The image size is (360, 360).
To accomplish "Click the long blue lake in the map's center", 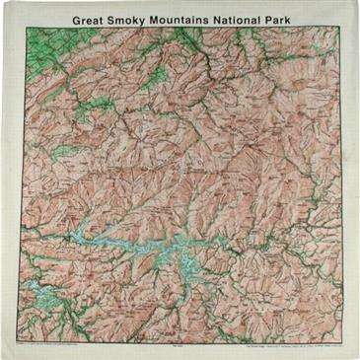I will pyautogui.click(x=128, y=241).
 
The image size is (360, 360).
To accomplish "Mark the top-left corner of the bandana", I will pyautogui.click(x=3, y=3).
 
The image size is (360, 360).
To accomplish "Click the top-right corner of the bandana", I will pyautogui.click(x=356, y=3).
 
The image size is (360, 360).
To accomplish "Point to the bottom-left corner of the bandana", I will pyautogui.click(x=3, y=356).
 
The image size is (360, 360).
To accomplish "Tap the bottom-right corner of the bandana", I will pyautogui.click(x=356, y=356).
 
